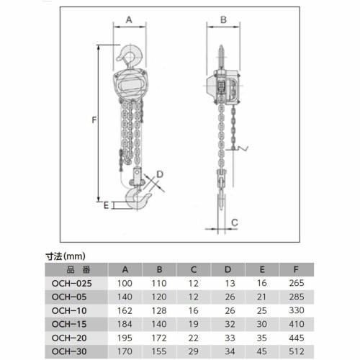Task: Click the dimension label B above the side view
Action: coord(223,19)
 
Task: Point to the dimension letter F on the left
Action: coord(94,121)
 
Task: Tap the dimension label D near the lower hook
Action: coord(161,174)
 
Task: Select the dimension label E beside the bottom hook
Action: coord(106,205)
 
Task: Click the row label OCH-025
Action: coord(73,283)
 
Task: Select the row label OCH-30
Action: coord(71,351)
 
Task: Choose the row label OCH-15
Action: coord(71,324)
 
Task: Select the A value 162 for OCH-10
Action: coord(126,310)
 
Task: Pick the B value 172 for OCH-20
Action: coord(158,338)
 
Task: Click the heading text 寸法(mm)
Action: coord(66,255)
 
